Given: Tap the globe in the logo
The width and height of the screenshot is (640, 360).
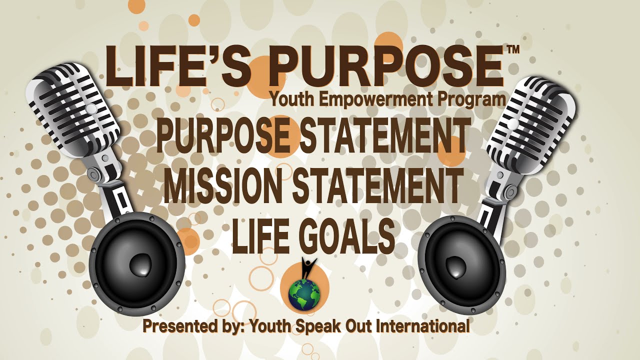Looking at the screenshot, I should tap(304, 294).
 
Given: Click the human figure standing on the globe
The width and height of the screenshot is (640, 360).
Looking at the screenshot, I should tap(308, 268).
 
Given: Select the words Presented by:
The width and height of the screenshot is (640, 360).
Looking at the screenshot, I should tap(192, 327).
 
